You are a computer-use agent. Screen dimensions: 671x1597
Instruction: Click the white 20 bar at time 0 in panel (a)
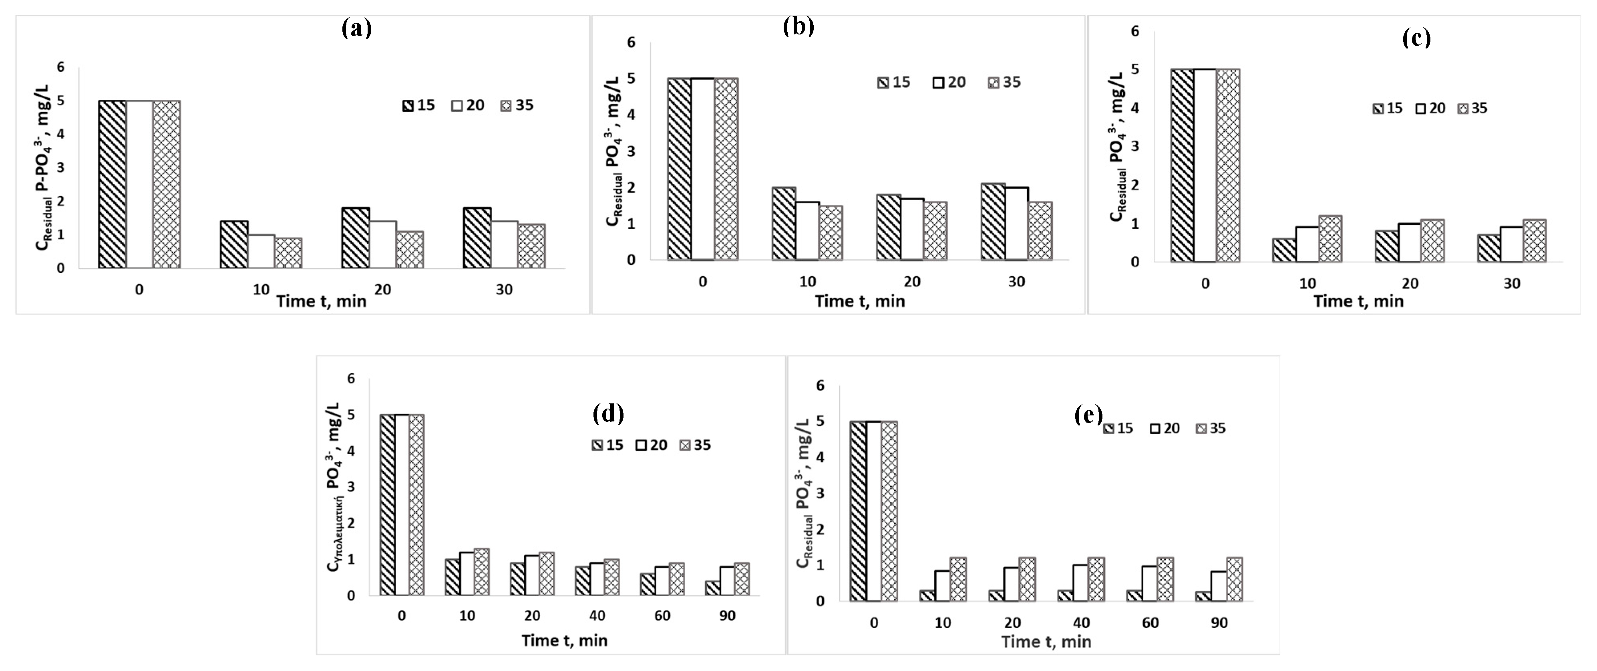pyautogui.click(x=139, y=184)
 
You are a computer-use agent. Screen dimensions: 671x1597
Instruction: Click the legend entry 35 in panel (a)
pyautogui.click(x=517, y=105)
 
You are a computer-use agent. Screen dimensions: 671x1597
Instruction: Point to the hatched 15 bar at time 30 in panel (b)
pyautogui.click(x=993, y=222)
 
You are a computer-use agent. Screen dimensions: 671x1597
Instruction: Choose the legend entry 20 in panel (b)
pyautogui.click(x=949, y=83)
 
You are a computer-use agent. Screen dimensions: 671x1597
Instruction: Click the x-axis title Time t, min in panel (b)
pyautogui.click(x=859, y=301)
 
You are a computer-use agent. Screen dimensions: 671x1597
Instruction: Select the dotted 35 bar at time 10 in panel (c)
pyautogui.click(x=1330, y=239)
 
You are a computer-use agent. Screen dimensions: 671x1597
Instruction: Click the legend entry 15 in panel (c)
pyautogui.click(x=1388, y=109)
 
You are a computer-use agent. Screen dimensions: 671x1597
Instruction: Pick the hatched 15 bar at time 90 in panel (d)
pyautogui.click(x=712, y=588)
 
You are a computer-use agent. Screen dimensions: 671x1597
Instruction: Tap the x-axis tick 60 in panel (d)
pyautogui.click(x=662, y=616)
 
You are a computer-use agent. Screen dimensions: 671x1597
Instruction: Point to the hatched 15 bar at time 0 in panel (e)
pyautogui.click(x=858, y=511)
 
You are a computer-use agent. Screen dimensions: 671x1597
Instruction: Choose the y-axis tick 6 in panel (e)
pyautogui.click(x=821, y=386)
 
